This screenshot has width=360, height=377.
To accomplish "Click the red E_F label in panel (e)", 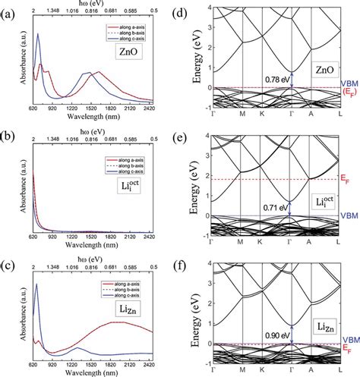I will tap(343, 181).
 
